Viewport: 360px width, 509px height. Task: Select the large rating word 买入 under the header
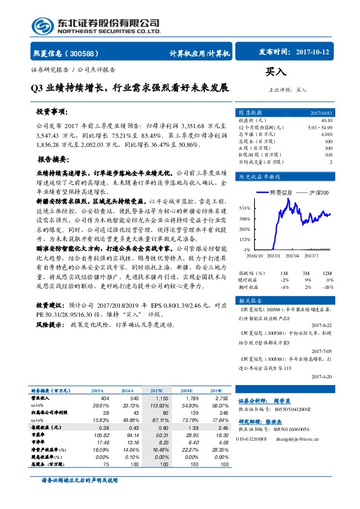point(275,72)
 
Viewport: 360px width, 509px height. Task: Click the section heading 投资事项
point(51,113)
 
